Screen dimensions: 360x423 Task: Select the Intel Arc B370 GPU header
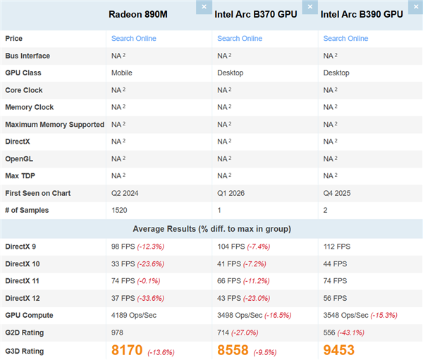256,14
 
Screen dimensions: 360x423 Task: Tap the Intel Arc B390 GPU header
362,14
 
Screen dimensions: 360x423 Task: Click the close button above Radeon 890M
203,6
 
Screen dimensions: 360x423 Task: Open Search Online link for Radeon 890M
133,39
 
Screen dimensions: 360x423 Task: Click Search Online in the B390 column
345,39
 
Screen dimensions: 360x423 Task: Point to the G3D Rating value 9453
338,350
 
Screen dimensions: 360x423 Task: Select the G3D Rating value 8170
127,350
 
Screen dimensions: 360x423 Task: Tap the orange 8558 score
233,350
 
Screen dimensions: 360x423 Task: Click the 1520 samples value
120,210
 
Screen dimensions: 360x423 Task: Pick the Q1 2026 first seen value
232,193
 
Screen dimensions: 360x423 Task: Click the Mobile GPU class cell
121,73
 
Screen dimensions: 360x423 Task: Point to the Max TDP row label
22,176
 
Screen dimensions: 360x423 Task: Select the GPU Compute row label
29,316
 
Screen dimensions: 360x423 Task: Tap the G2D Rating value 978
118,333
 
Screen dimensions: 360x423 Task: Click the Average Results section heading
211,229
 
